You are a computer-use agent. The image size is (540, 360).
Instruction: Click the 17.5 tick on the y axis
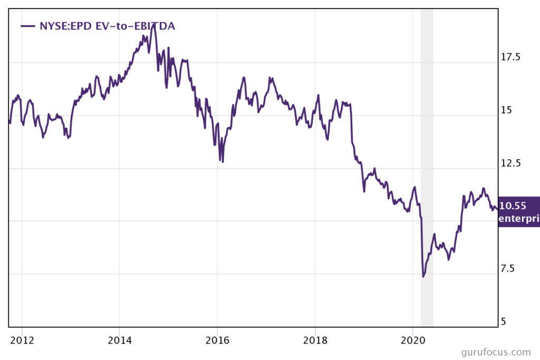510,57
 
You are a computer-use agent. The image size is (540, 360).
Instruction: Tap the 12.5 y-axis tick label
510,163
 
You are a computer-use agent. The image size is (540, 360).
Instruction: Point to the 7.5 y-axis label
507,269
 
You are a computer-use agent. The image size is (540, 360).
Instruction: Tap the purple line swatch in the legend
27,25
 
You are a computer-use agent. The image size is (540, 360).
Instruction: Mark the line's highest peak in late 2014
153,25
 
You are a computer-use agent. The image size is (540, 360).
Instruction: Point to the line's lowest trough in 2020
423,276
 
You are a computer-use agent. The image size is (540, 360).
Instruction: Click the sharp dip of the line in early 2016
223,161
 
